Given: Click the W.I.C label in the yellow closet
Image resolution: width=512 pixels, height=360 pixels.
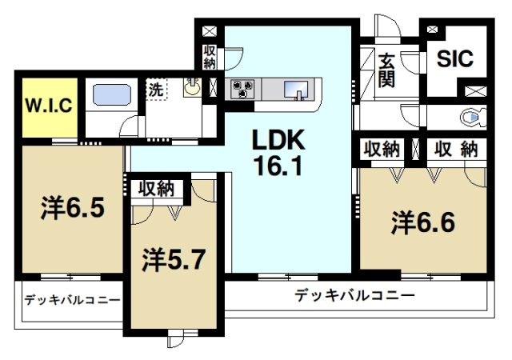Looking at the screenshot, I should (48, 105).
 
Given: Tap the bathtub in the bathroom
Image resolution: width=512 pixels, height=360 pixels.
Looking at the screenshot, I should (113, 95).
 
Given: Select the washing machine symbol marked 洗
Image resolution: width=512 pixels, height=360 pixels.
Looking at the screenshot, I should (156, 90).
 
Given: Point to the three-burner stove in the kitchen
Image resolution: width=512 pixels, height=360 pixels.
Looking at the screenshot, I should (242, 88).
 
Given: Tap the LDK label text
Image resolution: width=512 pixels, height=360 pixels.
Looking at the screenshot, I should (278, 141).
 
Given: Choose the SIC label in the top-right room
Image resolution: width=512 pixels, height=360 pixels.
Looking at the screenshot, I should (454, 59).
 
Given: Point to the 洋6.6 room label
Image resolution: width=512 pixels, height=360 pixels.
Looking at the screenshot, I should (423, 221).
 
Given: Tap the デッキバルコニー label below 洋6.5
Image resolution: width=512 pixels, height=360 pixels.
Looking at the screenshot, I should (71, 301).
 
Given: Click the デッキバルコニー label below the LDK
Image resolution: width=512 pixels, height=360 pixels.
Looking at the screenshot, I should (354, 295).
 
